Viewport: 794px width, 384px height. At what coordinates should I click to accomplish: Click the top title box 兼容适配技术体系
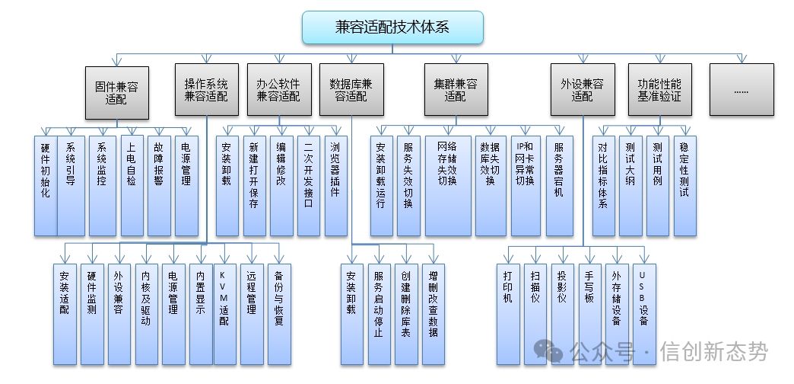click(392, 27)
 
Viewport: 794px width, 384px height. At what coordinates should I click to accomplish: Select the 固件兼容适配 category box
click(116, 91)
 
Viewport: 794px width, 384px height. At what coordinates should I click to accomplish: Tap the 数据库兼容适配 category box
click(352, 89)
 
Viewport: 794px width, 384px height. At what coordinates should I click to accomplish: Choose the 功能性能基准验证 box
click(659, 89)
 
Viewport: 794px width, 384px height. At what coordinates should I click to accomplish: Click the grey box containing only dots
click(742, 89)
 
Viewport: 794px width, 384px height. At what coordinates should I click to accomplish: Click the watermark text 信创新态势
click(713, 351)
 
